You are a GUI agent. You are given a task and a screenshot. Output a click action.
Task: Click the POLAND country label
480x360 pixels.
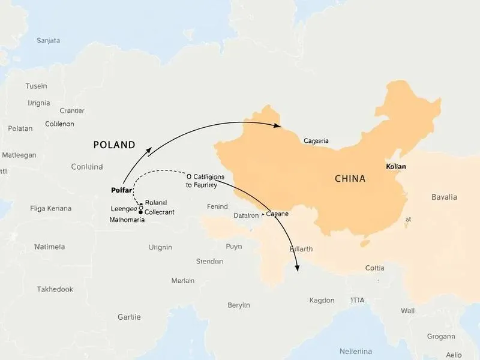click(114, 145)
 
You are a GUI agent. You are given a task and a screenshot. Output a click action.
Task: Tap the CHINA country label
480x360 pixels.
click(350, 179)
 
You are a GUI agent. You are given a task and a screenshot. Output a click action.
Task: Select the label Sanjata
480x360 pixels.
click(49, 41)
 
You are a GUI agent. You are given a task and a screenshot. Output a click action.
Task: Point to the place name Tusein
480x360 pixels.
click(36, 86)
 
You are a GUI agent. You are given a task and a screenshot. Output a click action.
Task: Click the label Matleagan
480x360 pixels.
click(19, 155)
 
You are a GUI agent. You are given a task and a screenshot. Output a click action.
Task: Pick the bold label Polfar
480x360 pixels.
click(122, 190)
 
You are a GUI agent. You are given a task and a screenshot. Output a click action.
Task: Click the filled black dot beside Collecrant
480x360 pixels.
click(140, 212)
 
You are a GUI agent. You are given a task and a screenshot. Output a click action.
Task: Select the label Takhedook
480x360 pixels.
click(55, 289)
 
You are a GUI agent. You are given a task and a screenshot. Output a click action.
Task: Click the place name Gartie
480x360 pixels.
click(129, 317)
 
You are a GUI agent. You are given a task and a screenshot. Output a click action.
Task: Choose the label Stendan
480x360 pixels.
click(210, 262)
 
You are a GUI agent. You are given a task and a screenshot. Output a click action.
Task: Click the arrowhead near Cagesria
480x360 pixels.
click(278, 126)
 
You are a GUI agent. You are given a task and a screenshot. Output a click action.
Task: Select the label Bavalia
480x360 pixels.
click(444, 197)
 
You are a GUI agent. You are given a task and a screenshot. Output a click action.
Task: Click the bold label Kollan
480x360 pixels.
click(396, 165)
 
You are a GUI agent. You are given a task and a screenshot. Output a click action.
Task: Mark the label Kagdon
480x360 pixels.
click(322, 300)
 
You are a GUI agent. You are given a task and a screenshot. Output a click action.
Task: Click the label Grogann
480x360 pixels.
click(440, 337)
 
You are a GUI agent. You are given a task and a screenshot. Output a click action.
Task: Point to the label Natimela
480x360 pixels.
click(50, 247)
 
